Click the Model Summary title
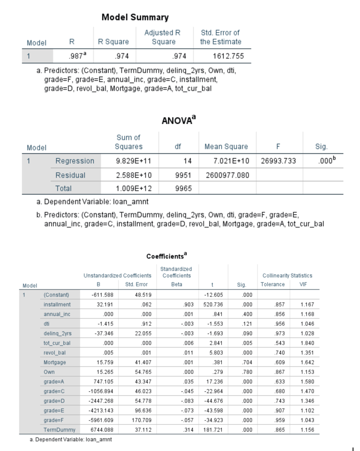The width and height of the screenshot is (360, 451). pyautogui.click(x=135, y=17)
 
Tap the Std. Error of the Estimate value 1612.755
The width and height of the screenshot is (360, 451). pyautogui.click(x=228, y=56)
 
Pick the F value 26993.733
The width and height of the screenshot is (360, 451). pyautogui.click(x=278, y=161)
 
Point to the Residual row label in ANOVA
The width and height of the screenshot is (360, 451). pyautogui.click(x=70, y=175)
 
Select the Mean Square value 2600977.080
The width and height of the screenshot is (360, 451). pyautogui.click(x=226, y=175)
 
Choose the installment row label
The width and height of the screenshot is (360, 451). pyautogui.click(x=57, y=304)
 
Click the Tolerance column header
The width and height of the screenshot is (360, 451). pyautogui.click(x=272, y=285)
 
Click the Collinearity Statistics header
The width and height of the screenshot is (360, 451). pyautogui.click(x=287, y=275)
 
